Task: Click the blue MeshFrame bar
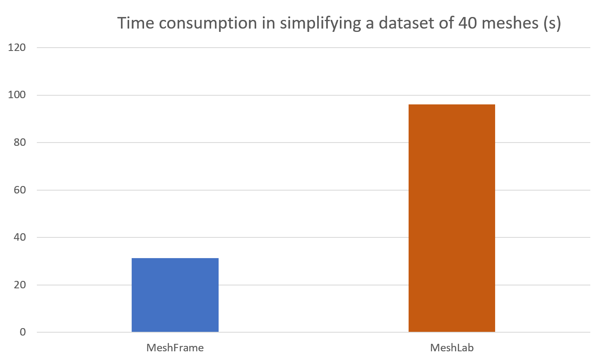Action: (175, 295)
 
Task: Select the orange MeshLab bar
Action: (452, 218)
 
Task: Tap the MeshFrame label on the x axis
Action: (175, 348)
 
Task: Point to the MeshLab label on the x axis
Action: (452, 348)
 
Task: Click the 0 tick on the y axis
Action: (22, 332)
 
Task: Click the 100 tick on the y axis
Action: (17, 95)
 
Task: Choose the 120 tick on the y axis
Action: (17, 48)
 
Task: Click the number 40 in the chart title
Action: (467, 23)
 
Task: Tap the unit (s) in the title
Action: (552, 23)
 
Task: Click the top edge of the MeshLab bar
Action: (452, 105)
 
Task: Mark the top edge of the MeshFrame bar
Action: (175, 259)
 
